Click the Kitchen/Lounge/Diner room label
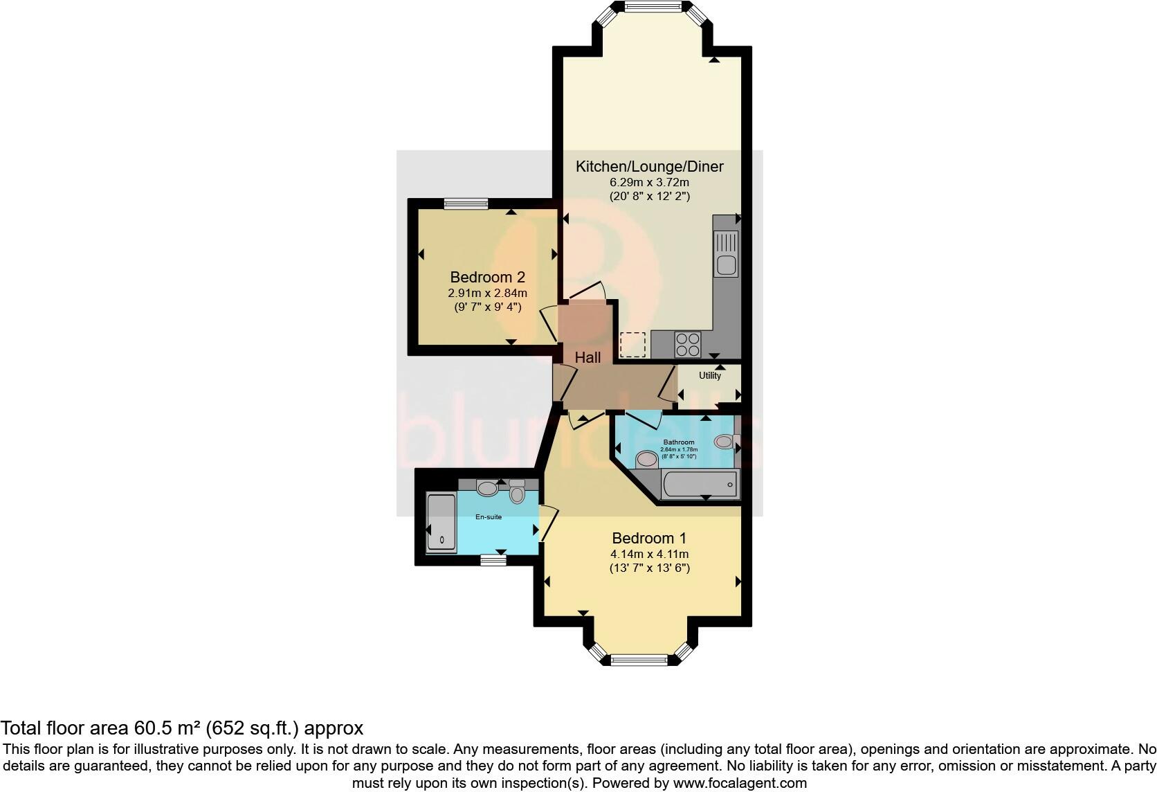(649, 167)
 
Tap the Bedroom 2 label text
(487, 278)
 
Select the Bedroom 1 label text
(649, 538)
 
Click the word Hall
(587, 358)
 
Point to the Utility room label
(709, 376)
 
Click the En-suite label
(488, 517)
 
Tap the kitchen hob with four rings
(687, 345)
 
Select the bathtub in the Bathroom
(700, 484)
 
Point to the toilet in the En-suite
(517, 493)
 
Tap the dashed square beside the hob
(632, 345)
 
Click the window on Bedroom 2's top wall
(466, 204)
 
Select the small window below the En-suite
(493, 560)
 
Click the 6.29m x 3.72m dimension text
(649, 182)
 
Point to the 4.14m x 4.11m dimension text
(649, 554)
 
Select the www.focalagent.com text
(739, 783)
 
